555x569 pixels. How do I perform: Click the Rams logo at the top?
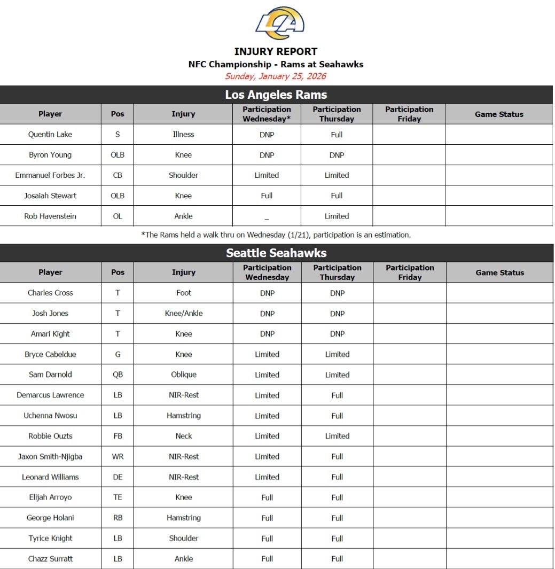pyautogui.click(x=280, y=23)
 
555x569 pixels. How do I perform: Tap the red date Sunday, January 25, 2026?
pyautogui.click(x=276, y=76)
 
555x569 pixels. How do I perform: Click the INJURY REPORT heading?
pyautogui.click(x=276, y=52)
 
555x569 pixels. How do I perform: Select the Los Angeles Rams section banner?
pyautogui.click(x=276, y=95)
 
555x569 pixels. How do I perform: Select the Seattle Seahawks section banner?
pyautogui.click(x=276, y=253)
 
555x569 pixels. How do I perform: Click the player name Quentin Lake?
pyautogui.click(x=50, y=135)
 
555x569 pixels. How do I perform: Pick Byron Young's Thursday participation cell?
pyautogui.click(x=337, y=155)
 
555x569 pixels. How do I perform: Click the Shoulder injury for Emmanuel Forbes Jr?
pyautogui.click(x=183, y=175)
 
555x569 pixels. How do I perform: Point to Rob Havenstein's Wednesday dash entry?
pyautogui.click(x=267, y=217)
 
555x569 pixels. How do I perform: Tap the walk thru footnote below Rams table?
pyautogui.click(x=276, y=235)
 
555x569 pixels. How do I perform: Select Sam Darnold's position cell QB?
pyautogui.click(x=118, y=375)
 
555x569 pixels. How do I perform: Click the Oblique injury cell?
pyautogui.click(x=183, y=375)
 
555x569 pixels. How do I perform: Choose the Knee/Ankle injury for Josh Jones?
pyautogui.click(x=183, y=314)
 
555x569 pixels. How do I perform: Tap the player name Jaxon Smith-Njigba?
pyautogui.click(x=50, y=457)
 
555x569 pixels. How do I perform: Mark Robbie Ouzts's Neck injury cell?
pyautogui.click(x=183, y=436)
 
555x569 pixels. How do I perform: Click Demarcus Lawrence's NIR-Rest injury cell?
pyautogui.click(x=183, y=395)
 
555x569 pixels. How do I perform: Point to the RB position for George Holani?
pyautogui.click(x=118, y=518)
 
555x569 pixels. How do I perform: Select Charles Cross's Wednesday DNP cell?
pyautogui.click(x=267, y=293)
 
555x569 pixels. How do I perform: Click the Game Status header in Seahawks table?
pyautogui.click(x=499, y=272)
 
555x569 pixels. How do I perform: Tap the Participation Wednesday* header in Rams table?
pyautogui.click(x=267, y=114)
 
